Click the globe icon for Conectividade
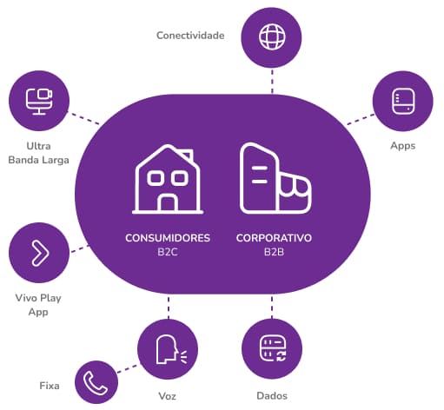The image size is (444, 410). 272,37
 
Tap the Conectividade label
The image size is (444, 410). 190,36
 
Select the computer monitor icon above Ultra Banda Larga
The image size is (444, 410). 39,102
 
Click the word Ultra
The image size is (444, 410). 38,146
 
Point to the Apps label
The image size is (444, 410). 403,146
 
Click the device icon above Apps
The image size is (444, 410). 403,101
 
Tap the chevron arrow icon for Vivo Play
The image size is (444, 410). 40,253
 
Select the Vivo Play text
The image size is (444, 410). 38,298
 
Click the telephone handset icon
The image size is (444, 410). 96,383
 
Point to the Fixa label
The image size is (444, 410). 50,386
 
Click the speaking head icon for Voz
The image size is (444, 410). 171,349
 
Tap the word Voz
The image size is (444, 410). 167,396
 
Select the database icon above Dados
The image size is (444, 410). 273,348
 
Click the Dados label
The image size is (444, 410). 272,396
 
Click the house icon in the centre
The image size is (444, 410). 168,180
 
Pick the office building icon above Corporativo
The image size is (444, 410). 275,178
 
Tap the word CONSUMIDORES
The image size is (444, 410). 168,238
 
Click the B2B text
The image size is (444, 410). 274,252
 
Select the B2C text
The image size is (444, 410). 168,252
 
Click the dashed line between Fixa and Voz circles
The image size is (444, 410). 128,368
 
